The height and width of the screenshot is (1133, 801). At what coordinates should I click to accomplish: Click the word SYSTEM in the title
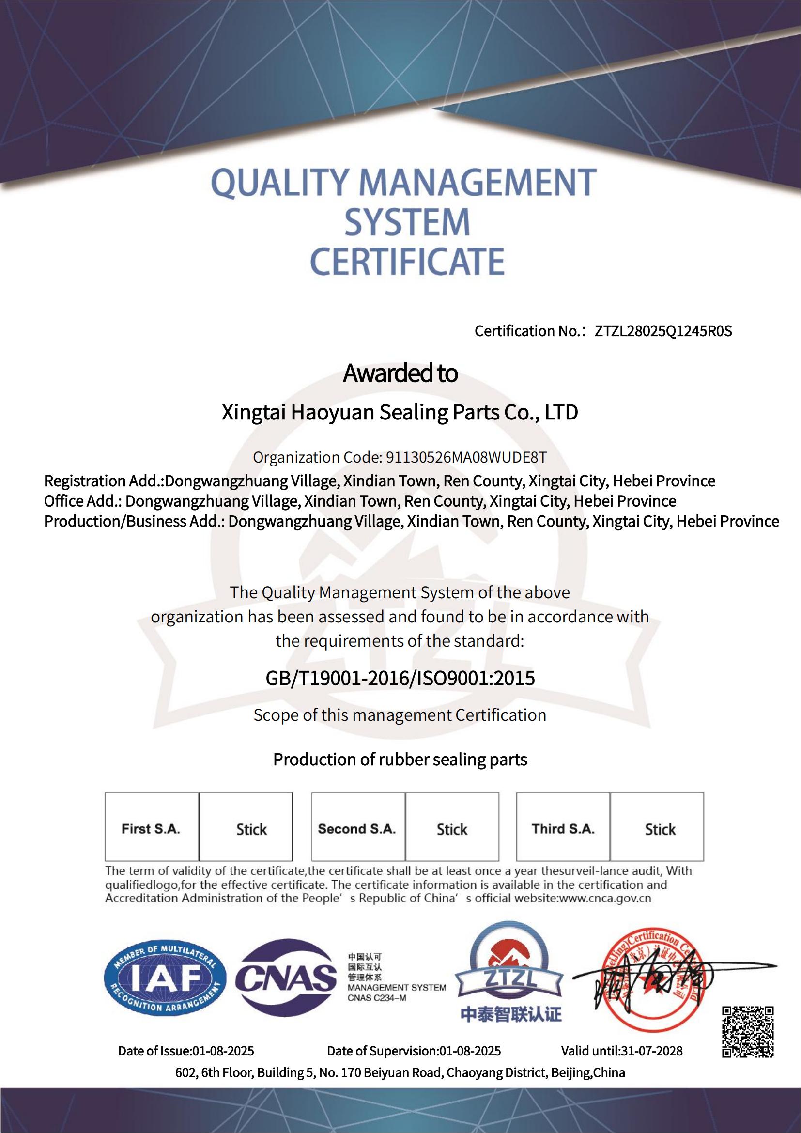tap(407, 222)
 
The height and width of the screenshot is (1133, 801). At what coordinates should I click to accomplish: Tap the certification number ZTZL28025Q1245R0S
tap(663, 331)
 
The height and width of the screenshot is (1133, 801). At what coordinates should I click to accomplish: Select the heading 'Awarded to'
tap(400, 373)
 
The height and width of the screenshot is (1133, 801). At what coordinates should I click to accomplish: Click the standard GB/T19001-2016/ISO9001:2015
tap(400, 679)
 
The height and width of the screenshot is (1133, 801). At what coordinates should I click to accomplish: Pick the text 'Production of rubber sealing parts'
tap(400, 760)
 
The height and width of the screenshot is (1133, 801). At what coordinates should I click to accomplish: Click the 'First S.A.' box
tap(151, 829)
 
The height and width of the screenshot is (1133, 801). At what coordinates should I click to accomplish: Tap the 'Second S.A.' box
tap(357, 829)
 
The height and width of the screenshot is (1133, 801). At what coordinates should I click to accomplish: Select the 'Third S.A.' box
tap(563, 829)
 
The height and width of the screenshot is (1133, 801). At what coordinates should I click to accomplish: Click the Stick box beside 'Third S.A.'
tap(660, 829)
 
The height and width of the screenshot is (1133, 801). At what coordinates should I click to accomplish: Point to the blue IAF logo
tap(165, 978)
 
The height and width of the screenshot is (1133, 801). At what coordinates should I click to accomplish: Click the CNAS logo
tap(286, 978)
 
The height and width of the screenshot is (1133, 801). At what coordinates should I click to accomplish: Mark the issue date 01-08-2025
tap(223, 1052)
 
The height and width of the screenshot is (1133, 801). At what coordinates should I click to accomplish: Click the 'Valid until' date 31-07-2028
tap(651, 1052)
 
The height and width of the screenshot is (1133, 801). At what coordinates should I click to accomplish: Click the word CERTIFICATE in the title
tap(407, 262)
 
